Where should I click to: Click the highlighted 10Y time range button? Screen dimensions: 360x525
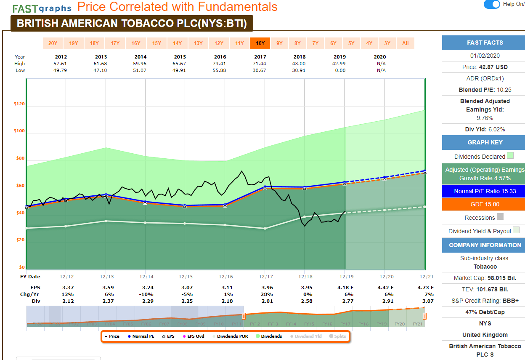click(260, 43)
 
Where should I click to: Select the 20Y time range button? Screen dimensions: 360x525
click(53, 43)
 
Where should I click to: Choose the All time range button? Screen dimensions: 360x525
click(406, 43)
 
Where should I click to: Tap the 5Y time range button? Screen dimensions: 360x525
click(351, 43)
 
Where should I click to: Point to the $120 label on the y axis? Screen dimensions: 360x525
click(19, 104)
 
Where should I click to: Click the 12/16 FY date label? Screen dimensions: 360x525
click(225, 277)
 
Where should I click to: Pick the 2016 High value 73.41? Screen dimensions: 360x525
click(220, 64)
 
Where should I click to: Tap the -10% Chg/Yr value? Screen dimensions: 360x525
click(146, 294)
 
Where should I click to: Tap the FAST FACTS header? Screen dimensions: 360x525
click(485, 43)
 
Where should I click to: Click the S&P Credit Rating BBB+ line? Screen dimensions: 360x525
click(485, 301)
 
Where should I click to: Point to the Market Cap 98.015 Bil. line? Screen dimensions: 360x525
click(485, 278)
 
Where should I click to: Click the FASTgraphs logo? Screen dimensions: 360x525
click(42, 8)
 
